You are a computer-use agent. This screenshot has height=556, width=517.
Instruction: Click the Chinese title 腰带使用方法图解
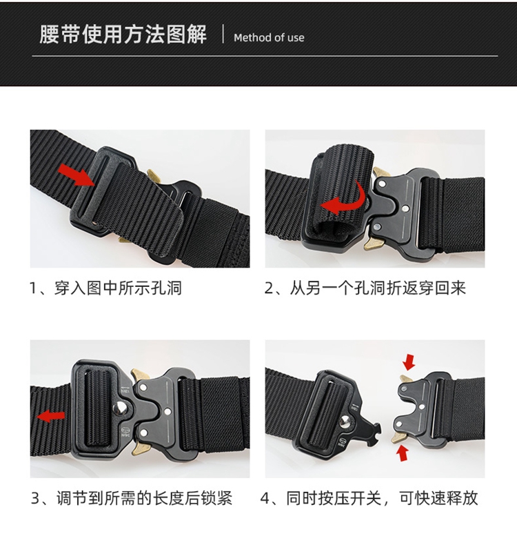123,34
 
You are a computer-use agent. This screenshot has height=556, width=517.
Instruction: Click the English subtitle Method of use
269,37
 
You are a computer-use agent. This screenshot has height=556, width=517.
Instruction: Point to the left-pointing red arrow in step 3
51,415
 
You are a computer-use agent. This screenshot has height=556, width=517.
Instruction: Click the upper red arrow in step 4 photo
409,362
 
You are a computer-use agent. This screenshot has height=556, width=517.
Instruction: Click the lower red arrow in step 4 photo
402,453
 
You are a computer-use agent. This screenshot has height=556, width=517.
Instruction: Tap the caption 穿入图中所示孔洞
118,288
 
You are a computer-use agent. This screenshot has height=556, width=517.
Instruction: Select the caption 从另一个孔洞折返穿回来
378,288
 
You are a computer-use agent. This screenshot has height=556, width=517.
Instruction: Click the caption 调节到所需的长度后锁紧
144,498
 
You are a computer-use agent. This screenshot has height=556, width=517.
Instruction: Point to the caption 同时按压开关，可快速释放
382,498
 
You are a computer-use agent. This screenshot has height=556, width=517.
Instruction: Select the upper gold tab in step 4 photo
406,378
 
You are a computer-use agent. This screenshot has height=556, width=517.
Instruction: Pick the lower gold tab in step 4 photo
397,438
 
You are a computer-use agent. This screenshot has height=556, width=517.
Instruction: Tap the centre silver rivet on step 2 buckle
405,210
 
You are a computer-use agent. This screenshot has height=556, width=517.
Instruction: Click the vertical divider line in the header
223,34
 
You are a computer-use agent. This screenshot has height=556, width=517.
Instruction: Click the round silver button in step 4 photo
345,423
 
